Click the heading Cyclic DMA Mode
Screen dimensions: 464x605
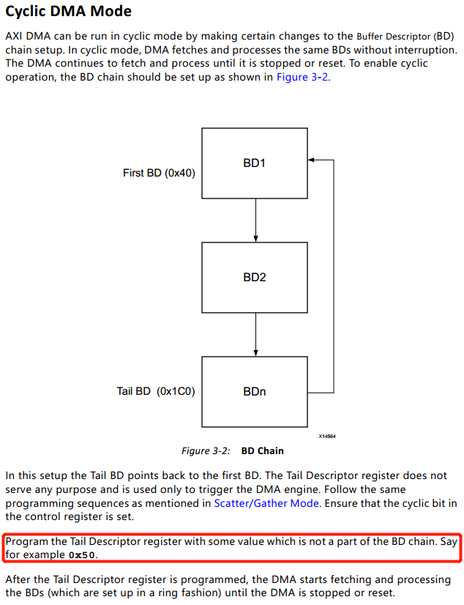[68, 12]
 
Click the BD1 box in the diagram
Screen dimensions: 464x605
[254, 163]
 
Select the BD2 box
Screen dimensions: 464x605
[254, 278]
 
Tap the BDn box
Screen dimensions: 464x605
[254, 392]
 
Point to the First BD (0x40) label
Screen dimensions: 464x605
[159, 174]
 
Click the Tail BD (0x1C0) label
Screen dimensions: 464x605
[156, 391]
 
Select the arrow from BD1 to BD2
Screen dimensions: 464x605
[255, 220]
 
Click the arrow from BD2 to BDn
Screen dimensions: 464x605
[255, 334]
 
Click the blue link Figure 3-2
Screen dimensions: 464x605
[302, 78]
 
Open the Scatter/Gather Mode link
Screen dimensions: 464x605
[266, 503]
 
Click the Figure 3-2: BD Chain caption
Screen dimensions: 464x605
[232, 450]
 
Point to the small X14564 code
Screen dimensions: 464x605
[326, 436]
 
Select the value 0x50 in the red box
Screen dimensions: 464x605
[83, 555]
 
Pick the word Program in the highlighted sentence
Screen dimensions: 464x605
[26, 541]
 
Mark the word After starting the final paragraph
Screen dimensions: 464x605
[18, 579]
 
